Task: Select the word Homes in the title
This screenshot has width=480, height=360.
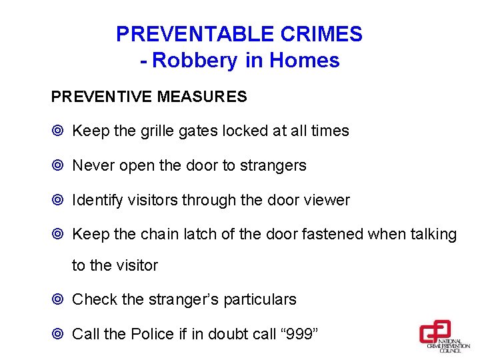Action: pos(305,61)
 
